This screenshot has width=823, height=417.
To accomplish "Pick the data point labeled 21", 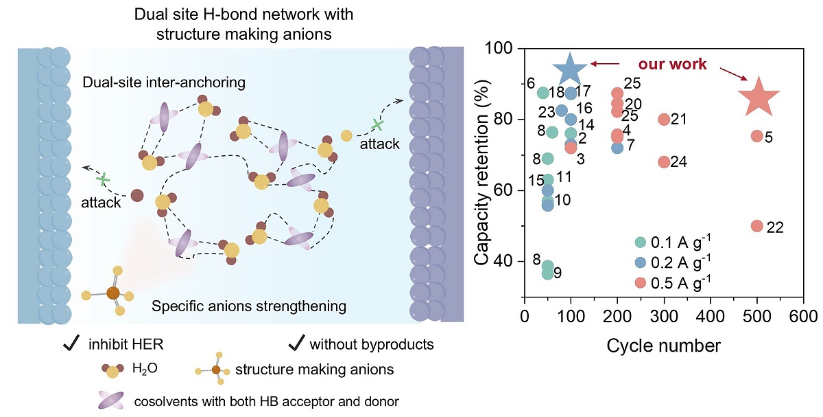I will click(x=664, y=120).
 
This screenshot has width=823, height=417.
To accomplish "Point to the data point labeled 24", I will click(x=664, y=162).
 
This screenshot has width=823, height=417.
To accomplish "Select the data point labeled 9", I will click(x=547, y=273).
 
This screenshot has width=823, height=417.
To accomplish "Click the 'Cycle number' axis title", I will click(x=663, y=345).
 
